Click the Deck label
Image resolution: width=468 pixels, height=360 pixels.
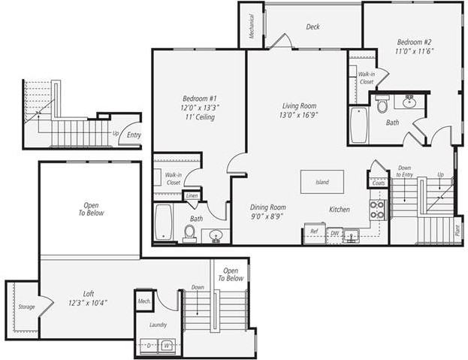coord(313,27)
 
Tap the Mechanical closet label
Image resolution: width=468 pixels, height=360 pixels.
coord(251,29)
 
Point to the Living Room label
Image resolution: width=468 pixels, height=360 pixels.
coord(298,111)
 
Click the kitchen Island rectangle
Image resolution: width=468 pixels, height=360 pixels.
coord(322,182)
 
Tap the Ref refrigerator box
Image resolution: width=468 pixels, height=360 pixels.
coord(314,232)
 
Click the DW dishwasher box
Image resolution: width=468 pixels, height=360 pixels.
coord(335,234)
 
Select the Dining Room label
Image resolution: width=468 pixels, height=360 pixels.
coord(268,212)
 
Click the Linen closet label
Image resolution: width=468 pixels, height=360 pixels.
coord(192,196)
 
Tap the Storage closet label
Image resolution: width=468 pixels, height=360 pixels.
coord(26,307)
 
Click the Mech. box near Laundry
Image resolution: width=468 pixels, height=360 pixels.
coord(144,301)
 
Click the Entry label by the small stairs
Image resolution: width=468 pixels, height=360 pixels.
coord(134,135)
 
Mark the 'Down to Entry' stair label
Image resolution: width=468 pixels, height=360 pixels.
coord(404,171)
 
